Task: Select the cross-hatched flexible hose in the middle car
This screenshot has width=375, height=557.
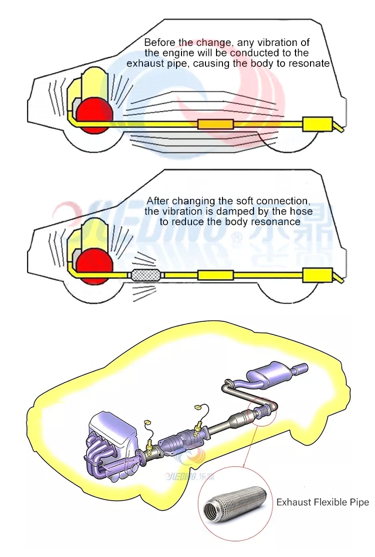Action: click(145, 275)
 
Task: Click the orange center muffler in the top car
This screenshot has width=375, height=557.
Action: click(215, 124)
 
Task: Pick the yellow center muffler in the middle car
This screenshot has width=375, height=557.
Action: click(215, 275)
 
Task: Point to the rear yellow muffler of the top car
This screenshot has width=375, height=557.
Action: click(317, 124)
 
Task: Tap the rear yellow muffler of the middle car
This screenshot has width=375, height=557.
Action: click(317, 275)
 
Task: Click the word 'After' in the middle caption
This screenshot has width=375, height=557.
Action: click(157, 201)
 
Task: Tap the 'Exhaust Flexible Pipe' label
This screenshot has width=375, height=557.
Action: click(322, 502)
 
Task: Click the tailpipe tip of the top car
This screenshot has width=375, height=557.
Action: click(339, 128)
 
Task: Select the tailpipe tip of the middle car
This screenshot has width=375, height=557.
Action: click(339, 279)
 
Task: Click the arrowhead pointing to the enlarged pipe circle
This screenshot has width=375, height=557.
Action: click(244, 467)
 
